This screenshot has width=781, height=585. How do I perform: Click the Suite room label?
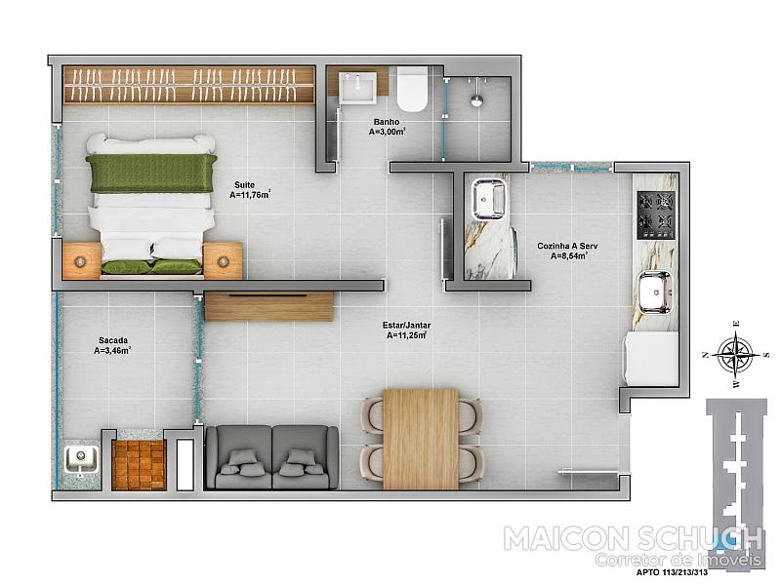tap(244, 185)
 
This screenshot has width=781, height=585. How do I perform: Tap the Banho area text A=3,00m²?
tap(387, 132)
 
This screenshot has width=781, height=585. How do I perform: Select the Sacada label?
tap(113, 340)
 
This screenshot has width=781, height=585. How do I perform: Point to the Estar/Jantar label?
tap(406, 326)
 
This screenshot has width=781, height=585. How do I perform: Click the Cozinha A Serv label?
tap(567, 246)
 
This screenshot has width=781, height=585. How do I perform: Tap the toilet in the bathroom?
tap(412, 89)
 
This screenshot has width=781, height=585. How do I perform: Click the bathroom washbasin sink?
tap(357, 88)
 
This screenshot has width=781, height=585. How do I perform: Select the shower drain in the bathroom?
tap(477, 100)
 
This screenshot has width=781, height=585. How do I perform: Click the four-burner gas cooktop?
tap(656, 214)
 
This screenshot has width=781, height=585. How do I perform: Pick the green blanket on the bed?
tap(151, 174)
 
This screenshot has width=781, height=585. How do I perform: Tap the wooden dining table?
tap(421, 439)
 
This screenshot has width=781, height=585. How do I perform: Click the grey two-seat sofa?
tap(272, 457)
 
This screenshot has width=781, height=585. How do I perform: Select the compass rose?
tap(736, 355)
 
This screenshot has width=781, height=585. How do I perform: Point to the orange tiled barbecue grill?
tap(139, 466)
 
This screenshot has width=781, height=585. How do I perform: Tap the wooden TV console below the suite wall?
tap(268, 307)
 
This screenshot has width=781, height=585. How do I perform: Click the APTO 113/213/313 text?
tap(672, 572)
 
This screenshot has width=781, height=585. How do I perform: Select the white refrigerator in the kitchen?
tap(650, 358)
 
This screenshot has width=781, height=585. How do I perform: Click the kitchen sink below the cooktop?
tap(655, 292)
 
